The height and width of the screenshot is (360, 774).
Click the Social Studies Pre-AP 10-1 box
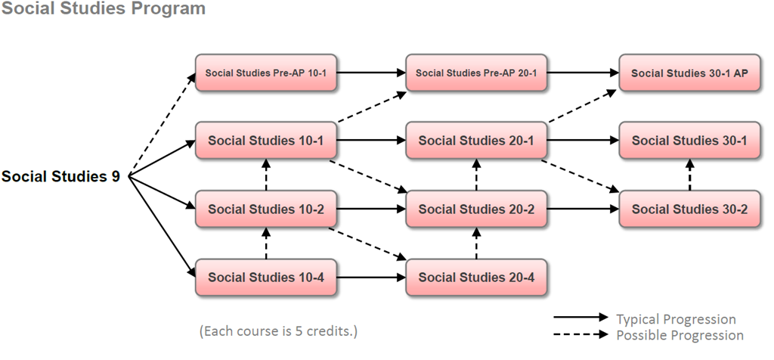point(265,73)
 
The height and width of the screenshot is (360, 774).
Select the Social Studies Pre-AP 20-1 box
point(476,73)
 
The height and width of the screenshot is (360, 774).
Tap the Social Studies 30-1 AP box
point(689,73)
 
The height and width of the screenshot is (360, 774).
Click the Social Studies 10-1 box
point(265,141)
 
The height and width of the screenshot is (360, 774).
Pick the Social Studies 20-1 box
point(476,141)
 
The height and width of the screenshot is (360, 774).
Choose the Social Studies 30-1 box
point(689,141)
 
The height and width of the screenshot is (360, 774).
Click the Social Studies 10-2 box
point(265,209)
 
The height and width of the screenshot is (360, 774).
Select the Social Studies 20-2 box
point(476,209)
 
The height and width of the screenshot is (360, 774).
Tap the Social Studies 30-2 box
point(689,209)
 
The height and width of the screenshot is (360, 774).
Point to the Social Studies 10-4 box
point(265,277)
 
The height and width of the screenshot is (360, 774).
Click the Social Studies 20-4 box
point(476,277)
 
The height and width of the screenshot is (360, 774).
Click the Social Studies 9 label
point(60,177)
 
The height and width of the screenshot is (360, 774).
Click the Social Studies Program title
point(103,9)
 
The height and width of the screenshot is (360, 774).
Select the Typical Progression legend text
point(676,319)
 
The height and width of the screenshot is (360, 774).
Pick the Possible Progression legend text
point(680,335)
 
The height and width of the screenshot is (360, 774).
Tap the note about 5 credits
point(277,331)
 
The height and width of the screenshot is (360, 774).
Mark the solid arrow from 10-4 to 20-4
point(370,278)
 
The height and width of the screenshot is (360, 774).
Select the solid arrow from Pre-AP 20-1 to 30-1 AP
point(583,73)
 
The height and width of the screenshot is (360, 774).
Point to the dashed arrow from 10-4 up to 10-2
point(266,243)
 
